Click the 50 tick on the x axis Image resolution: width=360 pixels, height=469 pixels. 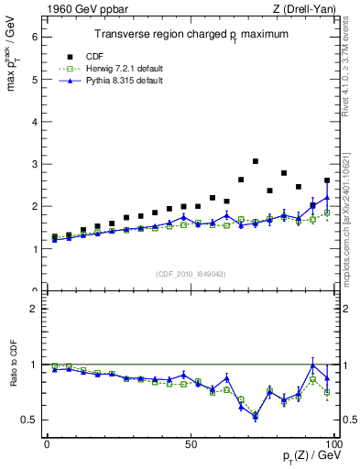click(191, 443)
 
